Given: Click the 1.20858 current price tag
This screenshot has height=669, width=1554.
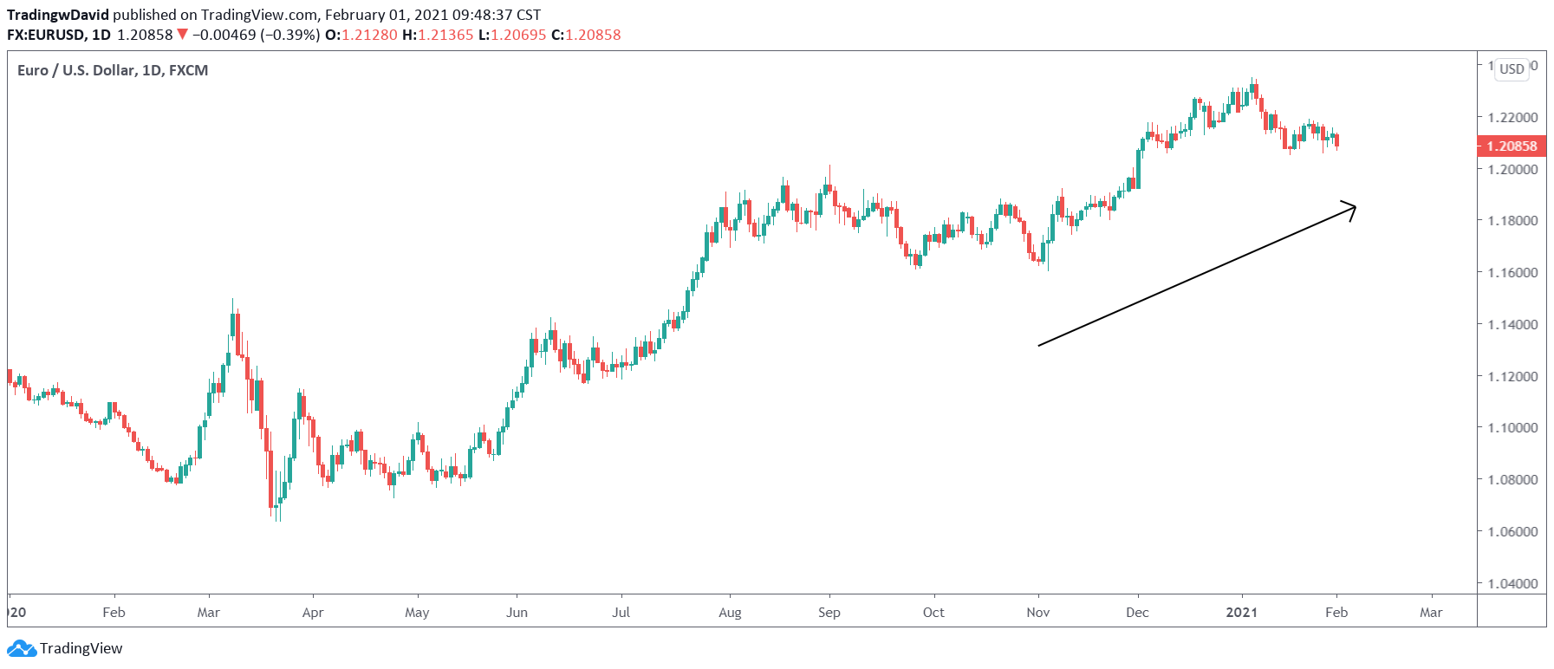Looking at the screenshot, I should (1512, 146).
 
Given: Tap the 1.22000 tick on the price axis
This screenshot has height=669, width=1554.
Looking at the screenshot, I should (1512, 117).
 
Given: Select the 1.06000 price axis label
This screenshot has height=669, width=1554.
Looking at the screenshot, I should (1512, 531).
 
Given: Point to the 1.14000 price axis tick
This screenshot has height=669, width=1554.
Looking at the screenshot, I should (1512, 324).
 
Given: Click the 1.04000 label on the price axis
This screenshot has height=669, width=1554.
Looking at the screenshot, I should (1512, 583).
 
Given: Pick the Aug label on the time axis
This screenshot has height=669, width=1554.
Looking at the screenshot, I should (730, 613).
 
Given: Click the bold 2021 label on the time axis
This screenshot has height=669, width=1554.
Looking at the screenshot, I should (1241, 613).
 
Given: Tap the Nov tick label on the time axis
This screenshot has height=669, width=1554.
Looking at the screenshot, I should (1037, 613).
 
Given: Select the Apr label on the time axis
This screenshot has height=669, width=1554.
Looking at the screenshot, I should (313, 613).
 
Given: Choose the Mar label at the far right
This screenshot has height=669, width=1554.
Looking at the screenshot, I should (1431, 613).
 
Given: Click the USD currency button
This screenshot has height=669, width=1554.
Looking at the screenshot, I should (1512, 69).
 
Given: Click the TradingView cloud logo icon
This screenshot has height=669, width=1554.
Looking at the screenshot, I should (21, 648).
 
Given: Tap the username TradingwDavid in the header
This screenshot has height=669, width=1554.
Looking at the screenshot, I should (58, 15).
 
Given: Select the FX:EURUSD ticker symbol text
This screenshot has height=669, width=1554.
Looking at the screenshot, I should (46, 35).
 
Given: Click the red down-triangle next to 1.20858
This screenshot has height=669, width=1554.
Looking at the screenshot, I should (182, 35).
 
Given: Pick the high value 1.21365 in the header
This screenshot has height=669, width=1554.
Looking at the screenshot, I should (445, 35).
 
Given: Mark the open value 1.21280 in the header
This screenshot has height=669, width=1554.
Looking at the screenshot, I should (369, 35).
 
